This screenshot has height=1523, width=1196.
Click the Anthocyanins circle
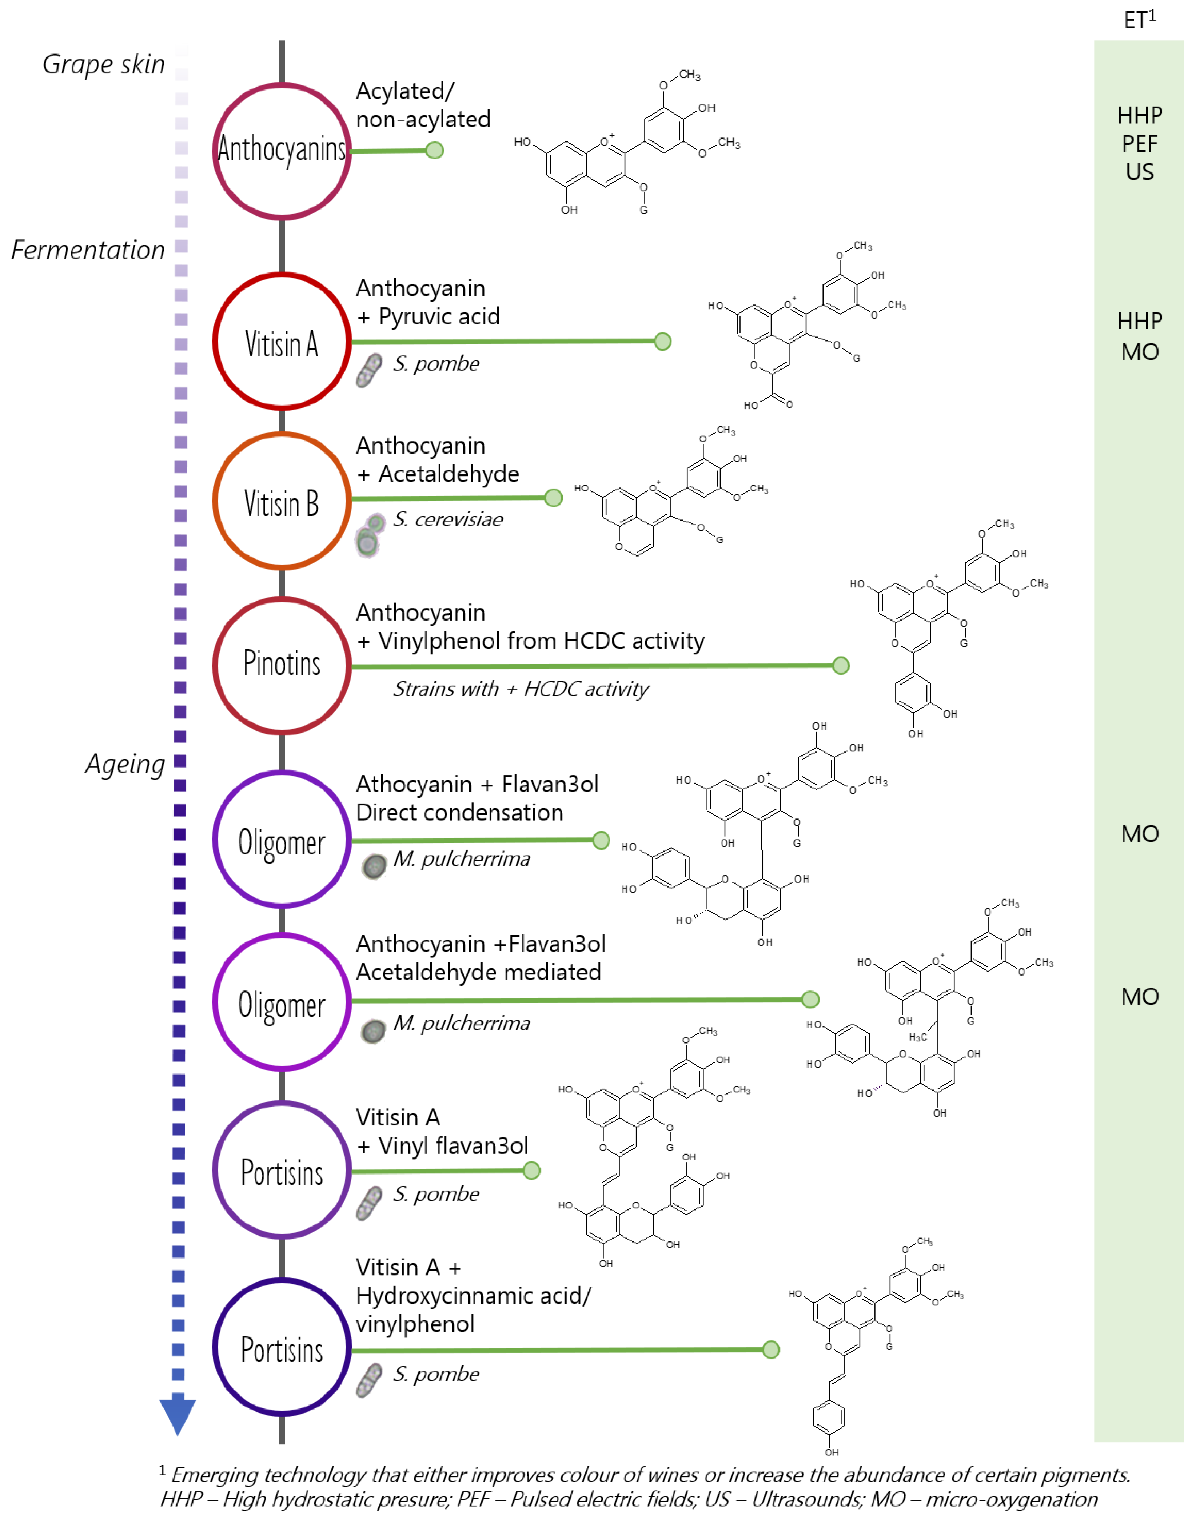click(282, 151)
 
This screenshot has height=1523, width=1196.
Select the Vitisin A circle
click(282, 342)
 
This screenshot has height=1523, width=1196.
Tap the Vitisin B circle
click(282, 501)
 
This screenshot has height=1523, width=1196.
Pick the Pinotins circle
click(282, 665)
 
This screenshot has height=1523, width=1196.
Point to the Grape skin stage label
click(104, 64)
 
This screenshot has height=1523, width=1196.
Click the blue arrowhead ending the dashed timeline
click(178, 1415)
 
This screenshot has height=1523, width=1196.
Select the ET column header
click(1139, 20)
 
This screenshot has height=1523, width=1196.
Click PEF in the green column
click(1139, 144)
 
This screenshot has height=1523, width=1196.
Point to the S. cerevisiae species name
click(448, 519)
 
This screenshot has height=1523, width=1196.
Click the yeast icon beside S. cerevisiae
click(370, 536)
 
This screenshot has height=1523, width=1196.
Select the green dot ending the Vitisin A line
click(662, 341)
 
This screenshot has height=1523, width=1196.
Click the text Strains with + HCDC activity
click(521, 689)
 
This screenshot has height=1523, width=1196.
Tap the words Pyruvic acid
click(439, 316)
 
